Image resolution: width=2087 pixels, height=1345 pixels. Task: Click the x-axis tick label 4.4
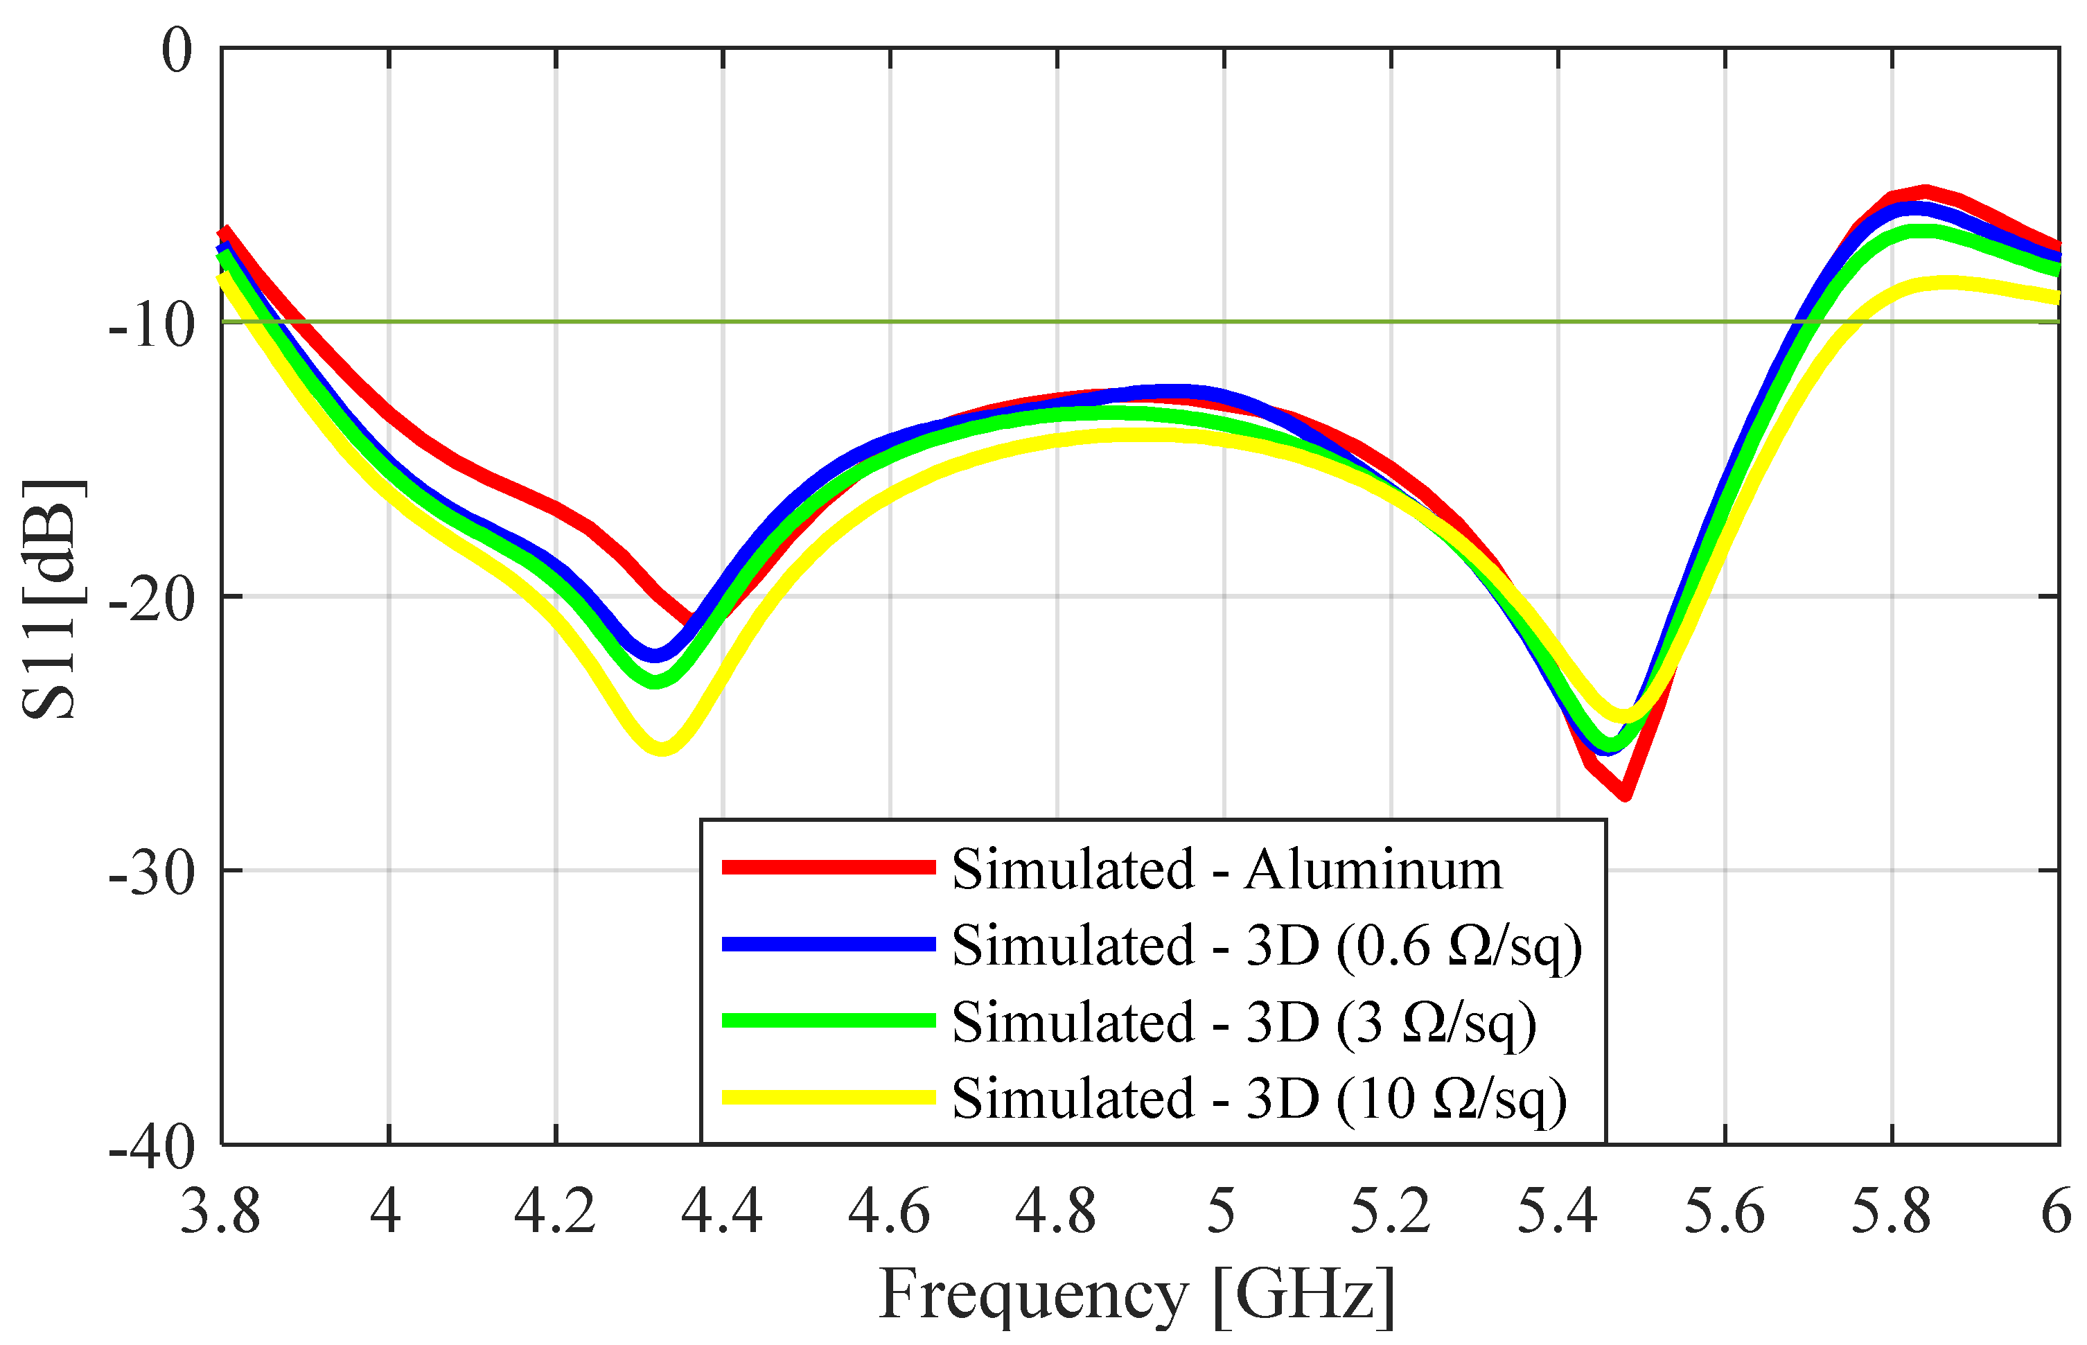pyautogui.click(x=721, y=1212)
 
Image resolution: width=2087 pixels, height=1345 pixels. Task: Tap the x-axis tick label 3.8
pyautogui.click(x=220, y=1212)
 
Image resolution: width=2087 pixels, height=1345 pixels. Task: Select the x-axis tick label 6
pyautogui.click(x=2057, y=1212)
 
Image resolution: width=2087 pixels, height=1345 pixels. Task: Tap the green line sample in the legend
pyautogui.click(x=828, y=1021)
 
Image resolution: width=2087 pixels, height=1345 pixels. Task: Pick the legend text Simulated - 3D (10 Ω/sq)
pyautogui.click(x=1258, y=1098)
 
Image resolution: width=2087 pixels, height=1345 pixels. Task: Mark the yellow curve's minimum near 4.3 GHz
pyautogui.click(x=662, y=748)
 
